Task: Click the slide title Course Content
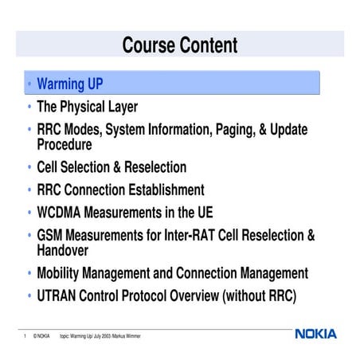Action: (x=180, y=45)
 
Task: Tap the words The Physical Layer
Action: (x=87, y=107)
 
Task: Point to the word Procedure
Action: (x=65, y=144)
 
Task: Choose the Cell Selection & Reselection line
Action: (x=112, y=167)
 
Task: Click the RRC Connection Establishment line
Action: (x=120, y=190)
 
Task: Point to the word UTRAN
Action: (x=59, y=296)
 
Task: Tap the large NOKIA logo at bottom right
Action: (x=315, y=334)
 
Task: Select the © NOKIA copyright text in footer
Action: (x=42, y=336)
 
